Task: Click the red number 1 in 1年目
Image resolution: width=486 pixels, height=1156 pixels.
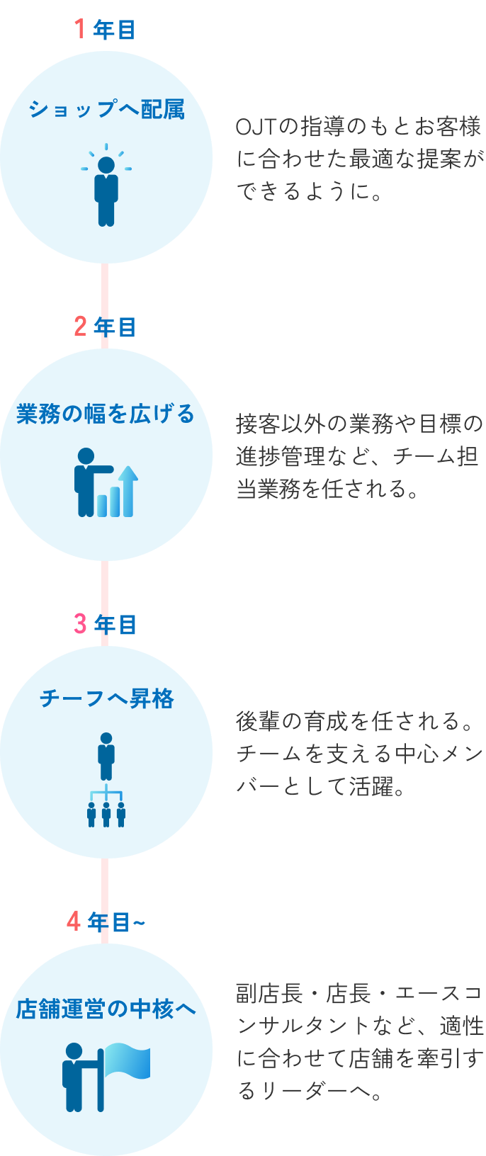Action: point(80,29)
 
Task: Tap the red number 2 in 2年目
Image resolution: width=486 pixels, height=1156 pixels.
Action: point(80,327)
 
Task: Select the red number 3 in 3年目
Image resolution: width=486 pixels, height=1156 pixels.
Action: point(80,624)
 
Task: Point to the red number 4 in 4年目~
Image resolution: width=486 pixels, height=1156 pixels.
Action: point(74,922)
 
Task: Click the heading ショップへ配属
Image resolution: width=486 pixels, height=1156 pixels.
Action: point(106,110)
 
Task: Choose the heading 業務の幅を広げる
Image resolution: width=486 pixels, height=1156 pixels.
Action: point(106,414)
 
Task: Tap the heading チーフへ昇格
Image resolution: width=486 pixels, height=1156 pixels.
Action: point(106,699)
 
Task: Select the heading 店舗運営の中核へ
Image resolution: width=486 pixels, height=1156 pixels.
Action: point(106,1009)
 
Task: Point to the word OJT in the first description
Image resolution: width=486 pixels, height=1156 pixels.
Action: point(255,127)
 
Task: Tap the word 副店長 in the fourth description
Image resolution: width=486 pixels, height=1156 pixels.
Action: point(269,994)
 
